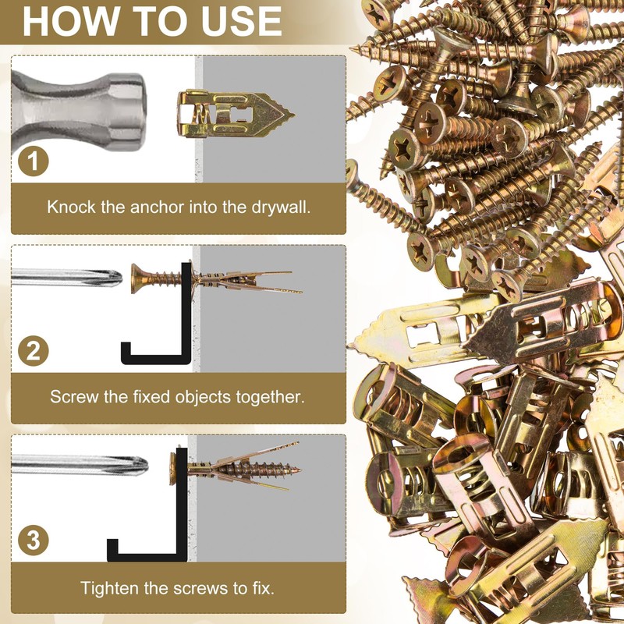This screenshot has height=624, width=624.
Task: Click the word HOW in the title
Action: pos(71,21)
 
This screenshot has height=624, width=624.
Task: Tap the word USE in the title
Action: pos(242,21)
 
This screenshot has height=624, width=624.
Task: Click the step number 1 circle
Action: pos(34,161)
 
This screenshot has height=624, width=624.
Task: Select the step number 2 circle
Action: pos(34,351)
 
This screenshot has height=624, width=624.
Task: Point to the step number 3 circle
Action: pos(34,541)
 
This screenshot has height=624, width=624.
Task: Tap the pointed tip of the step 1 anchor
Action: pos(294,115)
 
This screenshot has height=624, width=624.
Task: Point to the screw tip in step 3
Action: pos(300,470)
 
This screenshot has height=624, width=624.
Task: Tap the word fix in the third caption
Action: pos(264,588)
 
